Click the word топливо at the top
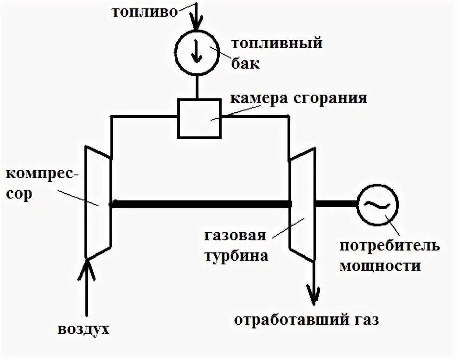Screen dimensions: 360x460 [x=144, y=12]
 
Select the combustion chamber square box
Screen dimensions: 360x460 [x=199, y=118]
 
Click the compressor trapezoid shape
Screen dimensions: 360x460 [x=98, y=202]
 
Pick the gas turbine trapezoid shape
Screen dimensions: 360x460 [x=301, y=204]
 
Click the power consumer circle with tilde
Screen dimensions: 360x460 [x=377, y=204]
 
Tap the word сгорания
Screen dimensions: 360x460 [x=331, y=99]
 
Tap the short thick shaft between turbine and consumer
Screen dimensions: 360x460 [x=335, y=204]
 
